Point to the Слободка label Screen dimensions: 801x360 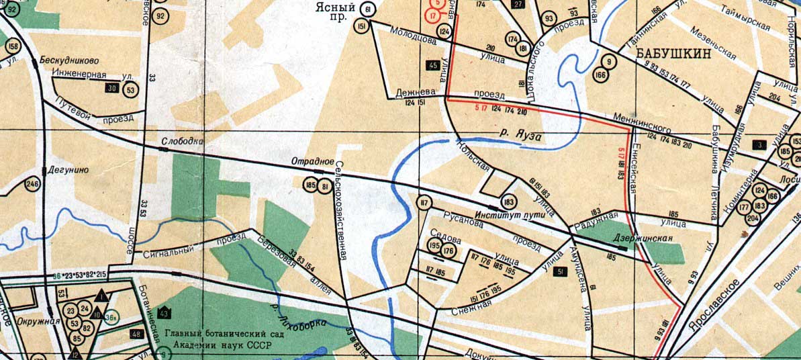(181, 142)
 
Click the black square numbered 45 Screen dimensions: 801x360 (433, 65)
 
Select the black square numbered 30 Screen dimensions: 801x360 (111, 89)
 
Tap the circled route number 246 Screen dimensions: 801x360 (32, 184)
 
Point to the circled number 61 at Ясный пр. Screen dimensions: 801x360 (367, 9)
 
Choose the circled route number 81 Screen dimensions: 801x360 (325, 185)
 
